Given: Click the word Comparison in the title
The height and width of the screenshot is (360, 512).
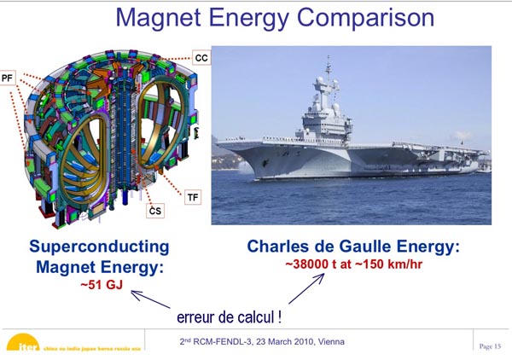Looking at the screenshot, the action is [365, 18].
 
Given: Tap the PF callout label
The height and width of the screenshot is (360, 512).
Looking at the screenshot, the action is [7, 78].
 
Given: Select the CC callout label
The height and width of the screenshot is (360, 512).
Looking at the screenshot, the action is [201, 58].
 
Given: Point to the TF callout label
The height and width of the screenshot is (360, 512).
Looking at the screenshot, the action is [193, 197].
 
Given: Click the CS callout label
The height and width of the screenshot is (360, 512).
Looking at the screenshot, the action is [155, 211].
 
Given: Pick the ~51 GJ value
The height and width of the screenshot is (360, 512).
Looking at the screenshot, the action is [102, 285].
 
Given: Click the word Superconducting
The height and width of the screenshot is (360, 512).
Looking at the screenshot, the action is [99, 247].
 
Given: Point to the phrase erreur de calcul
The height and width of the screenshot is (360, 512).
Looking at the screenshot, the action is [229, 317].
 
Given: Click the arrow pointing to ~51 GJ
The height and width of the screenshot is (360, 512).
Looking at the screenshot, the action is [150, 299].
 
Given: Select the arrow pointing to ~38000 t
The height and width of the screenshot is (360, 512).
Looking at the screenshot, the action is [306, 288].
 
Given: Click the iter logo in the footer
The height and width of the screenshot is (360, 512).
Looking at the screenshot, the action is [24, 342].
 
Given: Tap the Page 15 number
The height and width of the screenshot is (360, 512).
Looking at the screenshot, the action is [490, 346].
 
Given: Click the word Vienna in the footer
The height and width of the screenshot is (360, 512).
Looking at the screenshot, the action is [331, 342].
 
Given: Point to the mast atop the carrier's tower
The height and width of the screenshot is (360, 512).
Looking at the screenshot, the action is [329, 67].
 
